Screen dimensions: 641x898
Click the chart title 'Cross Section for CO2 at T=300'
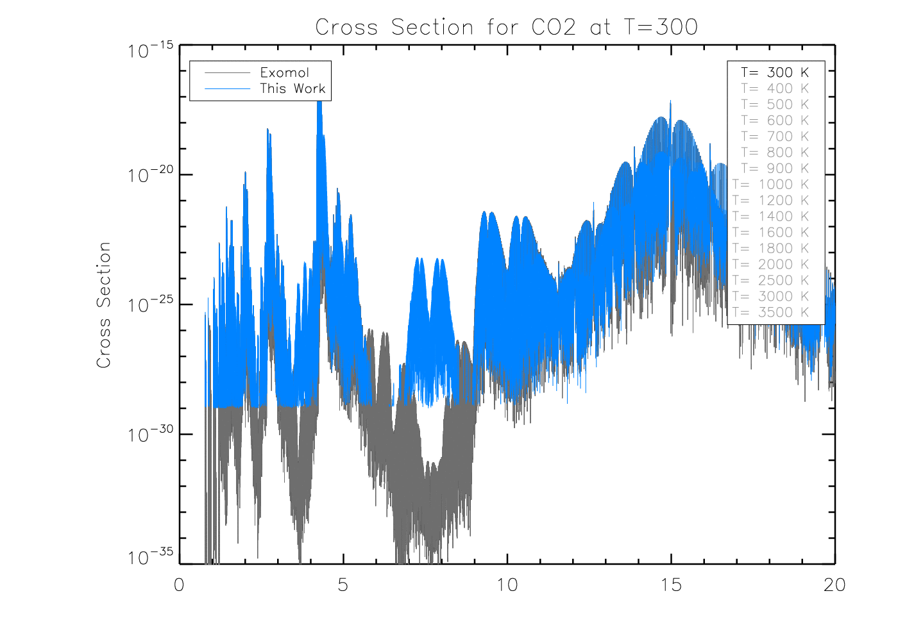coord(506,27)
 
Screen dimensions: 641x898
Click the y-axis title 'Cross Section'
coord(104,305)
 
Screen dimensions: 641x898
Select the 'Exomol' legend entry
coord(284,72)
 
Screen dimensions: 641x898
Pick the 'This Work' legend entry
coord(292,88)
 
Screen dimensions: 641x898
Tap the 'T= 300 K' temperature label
coord(775,72)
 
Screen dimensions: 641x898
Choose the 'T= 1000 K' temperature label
coord(771,185)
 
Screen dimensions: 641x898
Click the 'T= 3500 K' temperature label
coord(771,313)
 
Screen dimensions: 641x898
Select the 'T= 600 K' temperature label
coord(775,121)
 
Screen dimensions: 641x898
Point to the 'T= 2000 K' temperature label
coord(771,265)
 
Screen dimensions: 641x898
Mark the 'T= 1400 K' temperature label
coord(771,217)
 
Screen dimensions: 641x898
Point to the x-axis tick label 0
coord(179,585)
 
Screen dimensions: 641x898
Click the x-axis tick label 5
coord(343,585)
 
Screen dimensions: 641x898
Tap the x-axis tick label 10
coord(507,585)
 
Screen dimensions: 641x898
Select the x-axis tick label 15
coord(671,585)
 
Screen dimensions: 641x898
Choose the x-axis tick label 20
coord(834,585)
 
